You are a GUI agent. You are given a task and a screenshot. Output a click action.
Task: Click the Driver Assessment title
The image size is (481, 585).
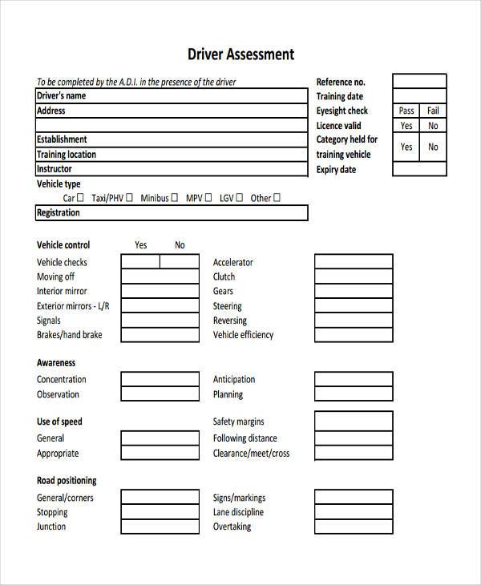coord(240,54)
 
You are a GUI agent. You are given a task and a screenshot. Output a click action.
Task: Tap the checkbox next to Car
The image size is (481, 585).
coord(80,198)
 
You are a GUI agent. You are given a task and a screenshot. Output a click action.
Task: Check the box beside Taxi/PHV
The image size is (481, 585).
coord(131,198)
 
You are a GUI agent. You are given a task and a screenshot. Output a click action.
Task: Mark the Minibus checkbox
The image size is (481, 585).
coord(176,198)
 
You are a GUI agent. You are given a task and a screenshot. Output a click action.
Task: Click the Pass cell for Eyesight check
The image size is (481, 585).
coord(406,111)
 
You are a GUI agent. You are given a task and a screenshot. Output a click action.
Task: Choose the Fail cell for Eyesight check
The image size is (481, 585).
coord(433,111)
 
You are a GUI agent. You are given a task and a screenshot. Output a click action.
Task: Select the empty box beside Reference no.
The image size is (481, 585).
coord(419,81)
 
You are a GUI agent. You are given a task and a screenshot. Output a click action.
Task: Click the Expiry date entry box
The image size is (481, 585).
coord(419,169)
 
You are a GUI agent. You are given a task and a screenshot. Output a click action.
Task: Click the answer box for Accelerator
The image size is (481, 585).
coord(353,262)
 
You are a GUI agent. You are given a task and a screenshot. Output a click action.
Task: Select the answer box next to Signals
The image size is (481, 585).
coord(160,321)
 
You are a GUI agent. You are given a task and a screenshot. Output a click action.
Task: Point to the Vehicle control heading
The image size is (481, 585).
coord(63,245)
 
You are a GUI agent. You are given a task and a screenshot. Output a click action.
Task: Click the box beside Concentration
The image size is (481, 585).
coord(160,380)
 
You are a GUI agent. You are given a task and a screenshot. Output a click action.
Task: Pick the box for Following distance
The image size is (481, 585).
coord(353,438)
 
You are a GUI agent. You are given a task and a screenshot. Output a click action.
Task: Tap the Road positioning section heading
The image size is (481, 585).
coord(67,481)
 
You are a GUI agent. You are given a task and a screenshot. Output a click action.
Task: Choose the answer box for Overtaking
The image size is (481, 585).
coord(353,526)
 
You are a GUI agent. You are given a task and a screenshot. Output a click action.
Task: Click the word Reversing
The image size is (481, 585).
coord(229,321)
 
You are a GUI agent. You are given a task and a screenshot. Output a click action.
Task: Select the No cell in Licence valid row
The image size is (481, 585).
coord(433,126)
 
